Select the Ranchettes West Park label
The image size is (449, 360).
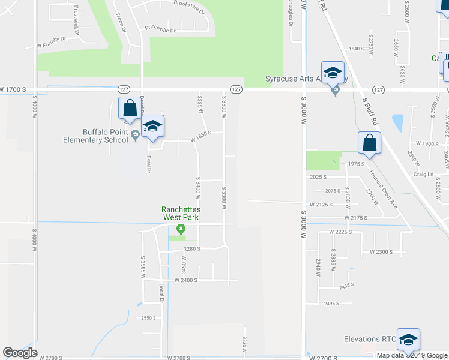(x=181, y=213)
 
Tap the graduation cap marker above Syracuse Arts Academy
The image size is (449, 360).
(x=333, y=73)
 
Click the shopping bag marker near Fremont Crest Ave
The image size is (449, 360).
(x=369, y=143)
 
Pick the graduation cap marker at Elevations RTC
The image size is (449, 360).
(x=408, y=340)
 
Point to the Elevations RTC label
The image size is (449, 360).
(x=369, y=339)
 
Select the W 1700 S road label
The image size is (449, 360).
(x=14, y=89)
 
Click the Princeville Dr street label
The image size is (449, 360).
(x=160, y=29)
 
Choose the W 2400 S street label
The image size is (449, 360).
(x=186, y=280)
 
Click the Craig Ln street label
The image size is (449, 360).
(x=422, y=174)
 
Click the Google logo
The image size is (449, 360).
(x=20, y=353)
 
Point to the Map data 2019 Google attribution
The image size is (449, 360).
(x=411, y=355)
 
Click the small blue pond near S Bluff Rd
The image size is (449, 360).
(x=397, y=122)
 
